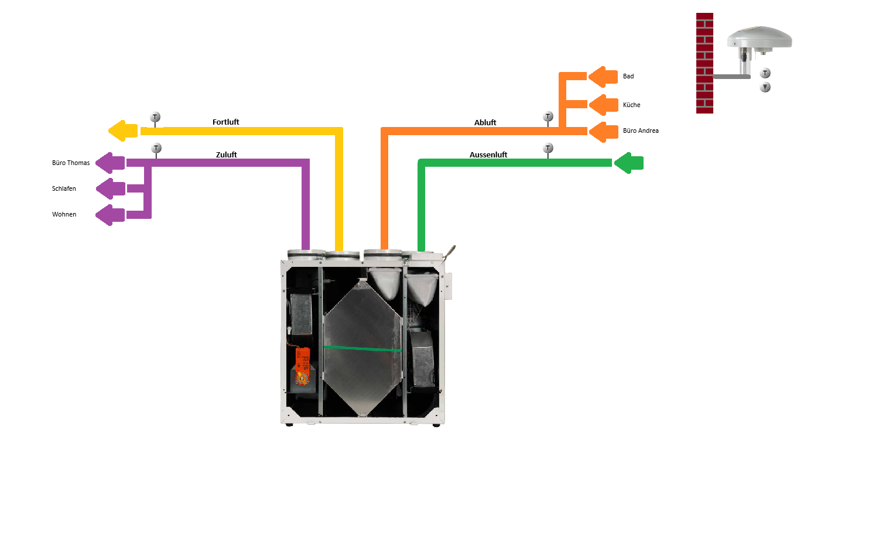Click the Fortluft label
point(225,122)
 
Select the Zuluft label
point(226,155)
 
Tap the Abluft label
point(485,123)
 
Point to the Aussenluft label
point(488,155)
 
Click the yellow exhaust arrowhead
point(122,131)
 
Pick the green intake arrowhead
point(628,163)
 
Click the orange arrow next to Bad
point(603,77)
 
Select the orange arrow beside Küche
point(603,105)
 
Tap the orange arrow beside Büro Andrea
point(603,131)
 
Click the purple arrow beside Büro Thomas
point(110,163)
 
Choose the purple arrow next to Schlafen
point(110,188)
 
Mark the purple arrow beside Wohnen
point(110,215)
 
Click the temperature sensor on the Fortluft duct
point(155,118)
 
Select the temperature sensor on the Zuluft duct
point(156,149)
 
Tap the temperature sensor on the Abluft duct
point(548,117)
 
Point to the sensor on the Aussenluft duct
point(548,149)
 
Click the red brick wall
point(704,63)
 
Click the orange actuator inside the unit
point(303,366)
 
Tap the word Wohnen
point(64,215)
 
